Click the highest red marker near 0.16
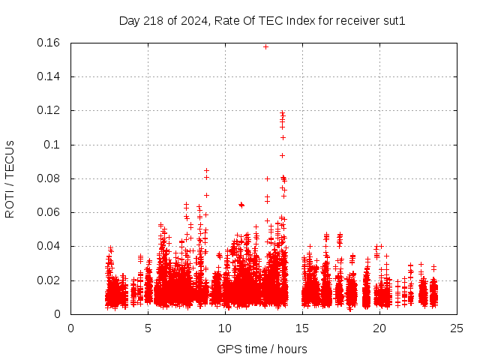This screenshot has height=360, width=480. [x=265, y=46]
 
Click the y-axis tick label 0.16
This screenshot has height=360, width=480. [x=50, y=43]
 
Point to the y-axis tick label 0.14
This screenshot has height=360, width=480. [x=50, y=76]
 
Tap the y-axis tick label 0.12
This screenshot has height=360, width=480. [x=50, y=110]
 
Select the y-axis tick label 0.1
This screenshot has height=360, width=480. [x=53, y=145]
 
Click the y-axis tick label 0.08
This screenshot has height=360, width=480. [x=50, y=178]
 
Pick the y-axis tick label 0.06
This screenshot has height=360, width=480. [x=50, y=212]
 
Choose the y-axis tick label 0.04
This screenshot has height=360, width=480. [x=50, y=246]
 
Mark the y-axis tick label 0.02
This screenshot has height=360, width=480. [x=50, y=280]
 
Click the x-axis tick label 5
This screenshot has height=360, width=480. [x=148, y=328]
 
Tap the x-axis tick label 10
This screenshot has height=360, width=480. [x=225, y=328]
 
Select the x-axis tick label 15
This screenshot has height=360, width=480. [x=302, y=328]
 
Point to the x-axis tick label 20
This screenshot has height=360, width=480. [x=379, y=328]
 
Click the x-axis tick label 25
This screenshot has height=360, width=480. [x=457, y=328]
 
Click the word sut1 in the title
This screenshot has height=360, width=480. [x=394, y=20]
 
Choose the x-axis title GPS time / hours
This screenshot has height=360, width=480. [x=262, y=349]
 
